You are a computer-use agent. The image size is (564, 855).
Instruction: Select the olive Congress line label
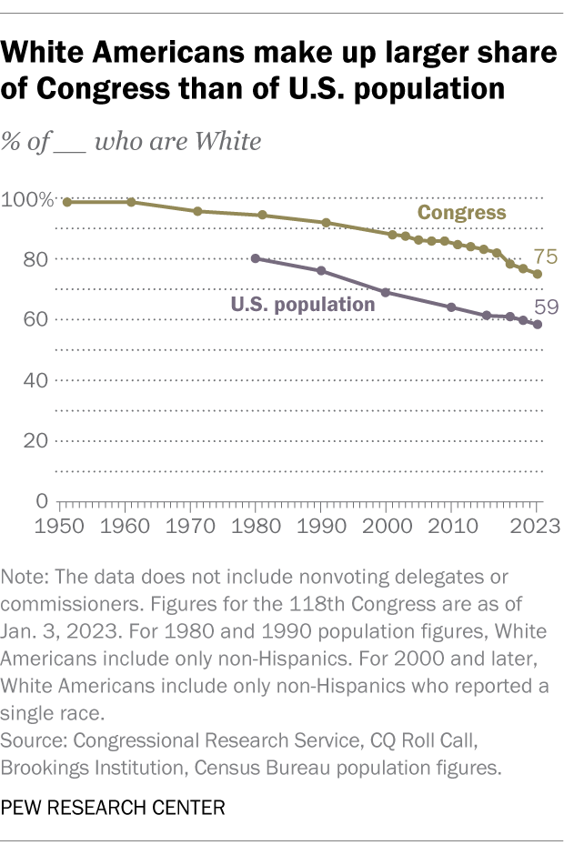click(x=461, y=213)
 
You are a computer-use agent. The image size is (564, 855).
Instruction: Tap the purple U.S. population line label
click(x=303, y=305)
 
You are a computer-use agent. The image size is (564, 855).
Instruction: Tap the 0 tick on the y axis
click(x=43, y=501)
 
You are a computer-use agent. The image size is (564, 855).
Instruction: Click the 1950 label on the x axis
click(x=62, y=528)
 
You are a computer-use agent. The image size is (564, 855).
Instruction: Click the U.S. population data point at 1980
click(x=256, y=258)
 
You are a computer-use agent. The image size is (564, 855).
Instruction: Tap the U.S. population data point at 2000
click(x=386, y=292)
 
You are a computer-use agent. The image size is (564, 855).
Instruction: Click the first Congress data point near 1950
click(x=67, y=202)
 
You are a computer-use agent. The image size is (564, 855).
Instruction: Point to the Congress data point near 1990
click(x=326, y=223)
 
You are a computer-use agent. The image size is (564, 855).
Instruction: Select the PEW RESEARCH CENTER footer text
click(x=113, y=808)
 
